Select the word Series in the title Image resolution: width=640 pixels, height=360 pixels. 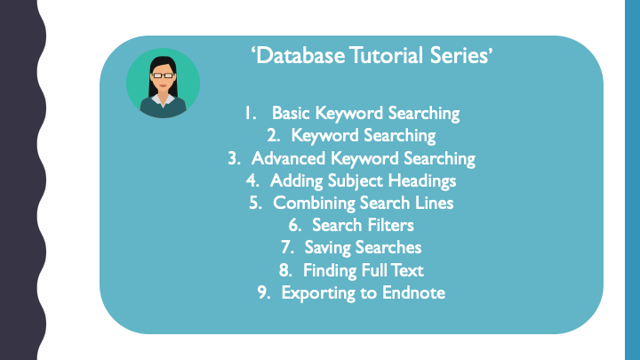460,57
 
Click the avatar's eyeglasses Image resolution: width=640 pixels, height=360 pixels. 162,76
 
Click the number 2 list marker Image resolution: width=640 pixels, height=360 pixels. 273,136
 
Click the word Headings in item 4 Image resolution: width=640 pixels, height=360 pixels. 423,181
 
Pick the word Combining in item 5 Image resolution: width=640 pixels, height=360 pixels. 312,203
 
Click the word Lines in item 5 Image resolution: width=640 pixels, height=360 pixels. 433,203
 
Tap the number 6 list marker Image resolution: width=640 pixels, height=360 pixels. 294,225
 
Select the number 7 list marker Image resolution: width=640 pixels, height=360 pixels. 286,247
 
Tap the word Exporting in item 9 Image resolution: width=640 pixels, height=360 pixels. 315,292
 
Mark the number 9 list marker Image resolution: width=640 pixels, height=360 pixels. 264,292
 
